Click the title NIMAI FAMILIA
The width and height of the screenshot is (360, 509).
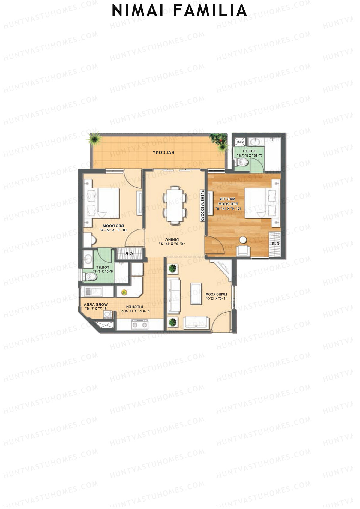pos(179,11)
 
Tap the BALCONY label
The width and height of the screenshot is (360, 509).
pos(163,152)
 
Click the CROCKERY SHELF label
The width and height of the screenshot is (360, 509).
pos(203,205)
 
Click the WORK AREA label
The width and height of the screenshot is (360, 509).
pos(96,306)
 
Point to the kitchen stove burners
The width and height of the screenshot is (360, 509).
pos(140,324)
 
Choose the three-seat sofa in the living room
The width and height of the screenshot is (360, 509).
pos(174,295)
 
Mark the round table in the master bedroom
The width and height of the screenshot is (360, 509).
pos(243,240)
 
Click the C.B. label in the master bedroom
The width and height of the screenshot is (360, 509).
pos(274,244)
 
